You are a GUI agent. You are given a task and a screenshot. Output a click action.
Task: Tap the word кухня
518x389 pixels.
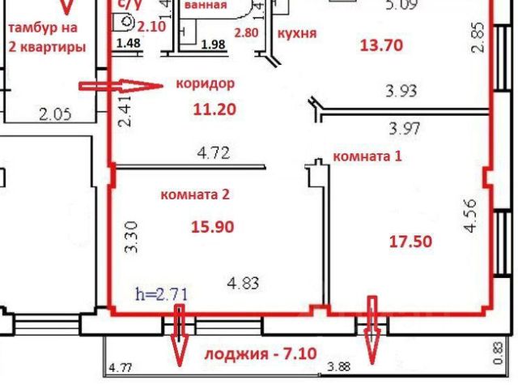296,34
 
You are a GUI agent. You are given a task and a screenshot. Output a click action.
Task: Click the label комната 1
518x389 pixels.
368,156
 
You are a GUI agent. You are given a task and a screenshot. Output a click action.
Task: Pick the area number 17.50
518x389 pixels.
410,241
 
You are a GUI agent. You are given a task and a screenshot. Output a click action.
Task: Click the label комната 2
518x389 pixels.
196,194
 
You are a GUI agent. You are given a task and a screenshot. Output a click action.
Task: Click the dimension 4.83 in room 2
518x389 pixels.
244,283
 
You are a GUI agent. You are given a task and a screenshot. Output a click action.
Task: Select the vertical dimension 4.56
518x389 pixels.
469,216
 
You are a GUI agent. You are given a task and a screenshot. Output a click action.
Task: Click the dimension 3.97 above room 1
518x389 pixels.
406,127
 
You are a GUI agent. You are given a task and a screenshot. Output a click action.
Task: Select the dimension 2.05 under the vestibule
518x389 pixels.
56,115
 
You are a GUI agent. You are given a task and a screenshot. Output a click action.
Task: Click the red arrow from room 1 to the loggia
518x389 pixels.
373,330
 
